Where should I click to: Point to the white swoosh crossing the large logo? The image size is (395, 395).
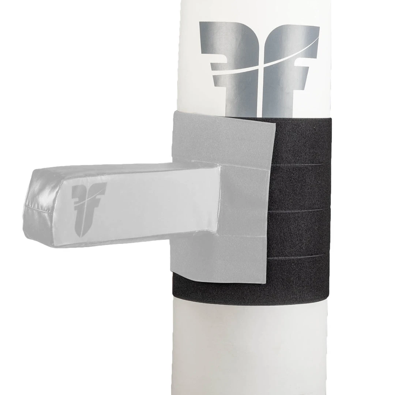click(256, 68)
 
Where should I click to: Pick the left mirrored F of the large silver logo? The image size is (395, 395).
click(229, 62)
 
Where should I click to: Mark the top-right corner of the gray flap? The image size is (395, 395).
click(276, 123)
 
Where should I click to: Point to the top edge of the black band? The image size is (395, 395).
click(293, 119)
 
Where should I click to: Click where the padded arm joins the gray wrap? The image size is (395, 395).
click(219, 201)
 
